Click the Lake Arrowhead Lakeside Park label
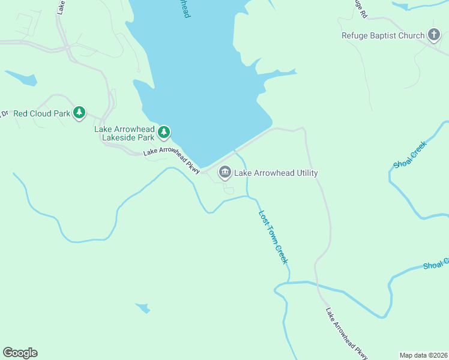pos(124,133)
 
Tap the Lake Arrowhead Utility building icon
pos(225,173)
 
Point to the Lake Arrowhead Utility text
pos(276,173)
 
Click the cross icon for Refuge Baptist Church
pos(434,35)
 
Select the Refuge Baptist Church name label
pos(383,35)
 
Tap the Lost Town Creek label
pos(274,237)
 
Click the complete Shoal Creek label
pos(410,155)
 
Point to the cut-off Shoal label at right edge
pos(436,264)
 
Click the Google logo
pos(20,353)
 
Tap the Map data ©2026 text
pos(423,355)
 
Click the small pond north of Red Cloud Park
pos(22,79)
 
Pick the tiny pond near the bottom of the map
pos(143,308)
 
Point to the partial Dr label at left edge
pos(4,113)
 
